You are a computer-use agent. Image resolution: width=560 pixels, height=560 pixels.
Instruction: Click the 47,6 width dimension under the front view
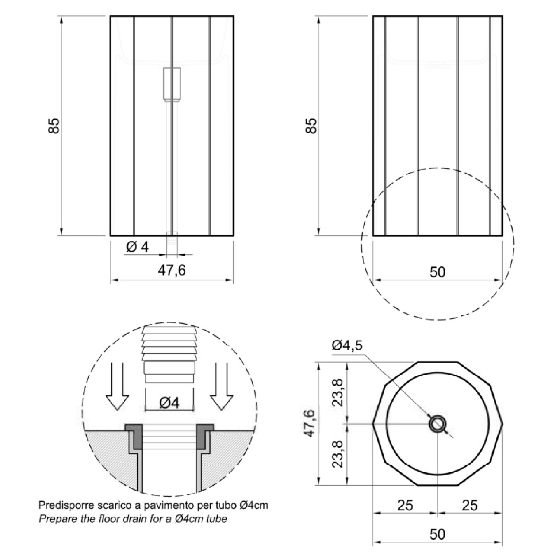pos(172,270)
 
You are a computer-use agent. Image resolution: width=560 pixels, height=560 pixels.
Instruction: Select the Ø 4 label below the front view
pos(138,247)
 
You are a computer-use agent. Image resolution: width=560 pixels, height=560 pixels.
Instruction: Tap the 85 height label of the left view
pos(54,126)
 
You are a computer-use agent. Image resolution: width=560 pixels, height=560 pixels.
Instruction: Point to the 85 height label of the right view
pos(311,126)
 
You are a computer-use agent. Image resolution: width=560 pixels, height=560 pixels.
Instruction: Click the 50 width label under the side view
pos(437,272)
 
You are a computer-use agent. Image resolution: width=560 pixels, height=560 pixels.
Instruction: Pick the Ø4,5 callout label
pos(347,345)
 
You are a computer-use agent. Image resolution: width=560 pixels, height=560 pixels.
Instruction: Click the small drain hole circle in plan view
pos(437,424)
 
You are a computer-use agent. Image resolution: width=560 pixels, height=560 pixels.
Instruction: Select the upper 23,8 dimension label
pos(338,392)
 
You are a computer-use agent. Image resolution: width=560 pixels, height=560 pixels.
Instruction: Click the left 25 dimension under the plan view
pos(405,505)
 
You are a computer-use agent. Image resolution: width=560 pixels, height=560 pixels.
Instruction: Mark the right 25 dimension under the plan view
pos(469,505)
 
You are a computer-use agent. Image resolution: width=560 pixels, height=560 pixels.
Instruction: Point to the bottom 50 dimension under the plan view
pos(437,534)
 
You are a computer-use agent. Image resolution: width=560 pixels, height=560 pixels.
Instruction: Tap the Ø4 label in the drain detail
pos(169,403)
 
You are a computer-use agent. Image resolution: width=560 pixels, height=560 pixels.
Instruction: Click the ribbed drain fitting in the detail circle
pos(169,354)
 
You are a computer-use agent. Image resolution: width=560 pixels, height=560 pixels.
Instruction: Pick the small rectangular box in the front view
pos(172,84)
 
